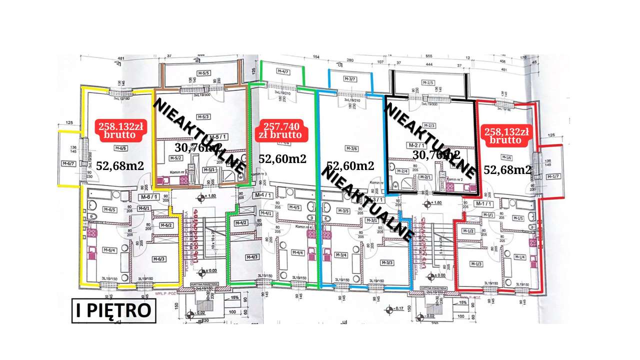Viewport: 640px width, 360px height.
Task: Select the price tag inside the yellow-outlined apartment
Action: [120, 131]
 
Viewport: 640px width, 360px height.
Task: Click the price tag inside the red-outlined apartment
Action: [505, 135]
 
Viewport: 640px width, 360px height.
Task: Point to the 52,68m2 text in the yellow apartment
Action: [120, 165]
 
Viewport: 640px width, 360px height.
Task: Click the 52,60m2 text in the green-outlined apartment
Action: [282, 158]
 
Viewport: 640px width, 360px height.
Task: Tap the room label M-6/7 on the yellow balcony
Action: [68, 163]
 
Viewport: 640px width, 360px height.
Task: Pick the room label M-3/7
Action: [350, 79]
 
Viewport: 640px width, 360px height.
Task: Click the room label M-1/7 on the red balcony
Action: [552, 176]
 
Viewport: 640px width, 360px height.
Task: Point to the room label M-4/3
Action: [252, 257]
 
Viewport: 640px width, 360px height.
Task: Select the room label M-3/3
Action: [387, 263]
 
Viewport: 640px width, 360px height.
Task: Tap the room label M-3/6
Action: [350, 148]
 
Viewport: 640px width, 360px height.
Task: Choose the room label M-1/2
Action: [468, 230]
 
